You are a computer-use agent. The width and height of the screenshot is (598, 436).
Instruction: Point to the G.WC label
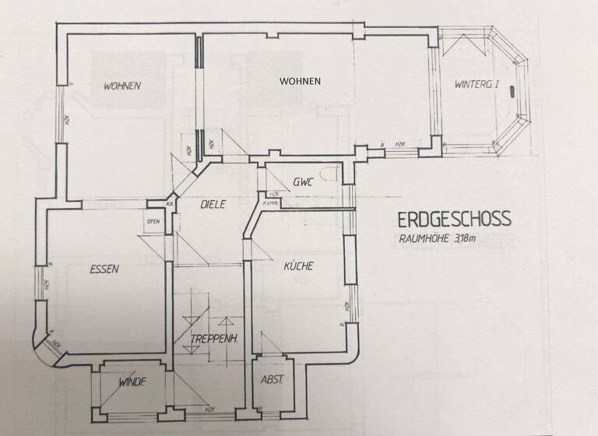302,183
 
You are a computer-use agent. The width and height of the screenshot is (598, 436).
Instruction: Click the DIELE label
212,206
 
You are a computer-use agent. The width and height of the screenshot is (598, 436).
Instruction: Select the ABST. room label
272,380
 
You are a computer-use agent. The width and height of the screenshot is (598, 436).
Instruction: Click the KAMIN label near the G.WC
271,202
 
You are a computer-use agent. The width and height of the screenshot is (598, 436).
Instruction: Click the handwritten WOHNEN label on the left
122,86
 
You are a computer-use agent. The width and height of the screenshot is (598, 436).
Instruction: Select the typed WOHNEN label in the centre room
301,81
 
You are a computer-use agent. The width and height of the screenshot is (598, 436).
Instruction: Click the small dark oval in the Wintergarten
511,90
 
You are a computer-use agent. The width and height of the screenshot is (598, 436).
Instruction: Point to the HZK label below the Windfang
209,409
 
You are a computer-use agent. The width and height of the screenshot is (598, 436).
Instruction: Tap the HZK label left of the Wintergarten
400,145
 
